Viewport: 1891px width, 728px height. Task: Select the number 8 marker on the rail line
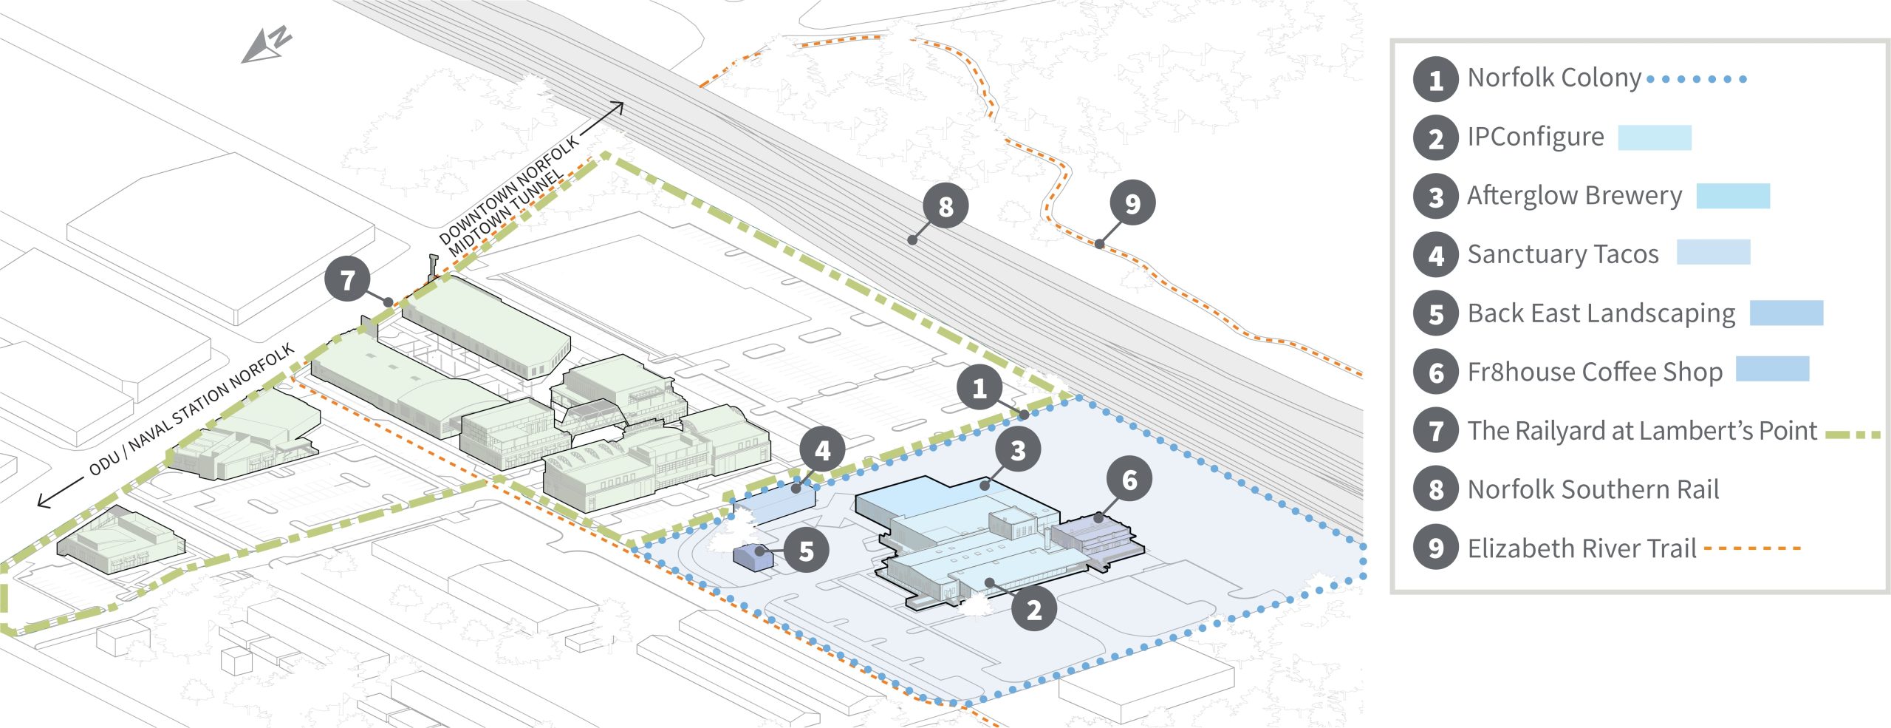tap(945, 206)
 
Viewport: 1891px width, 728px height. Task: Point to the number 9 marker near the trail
tap(1132, 203)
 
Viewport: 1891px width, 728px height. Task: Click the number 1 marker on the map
tap(979, 388)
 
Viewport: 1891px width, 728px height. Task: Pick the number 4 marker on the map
tap(822, 449)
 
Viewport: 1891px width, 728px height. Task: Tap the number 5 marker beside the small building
tap(806, 550)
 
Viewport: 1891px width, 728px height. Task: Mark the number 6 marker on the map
tap(1129, 480)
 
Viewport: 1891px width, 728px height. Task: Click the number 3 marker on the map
tap(1018, 449)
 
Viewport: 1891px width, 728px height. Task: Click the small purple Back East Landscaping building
tap(753, 557)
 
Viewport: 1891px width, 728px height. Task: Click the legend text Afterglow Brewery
tap(1574, 196)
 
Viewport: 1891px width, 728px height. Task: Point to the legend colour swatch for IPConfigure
tap(1655, 137)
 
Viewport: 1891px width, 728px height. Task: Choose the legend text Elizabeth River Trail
tap(1581, 548)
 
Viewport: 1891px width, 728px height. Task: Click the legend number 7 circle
tap(1435, 430)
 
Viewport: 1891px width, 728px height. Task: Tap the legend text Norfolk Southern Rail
tap(1593, 489)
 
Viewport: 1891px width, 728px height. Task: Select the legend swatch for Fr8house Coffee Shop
tap(1772, 369)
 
